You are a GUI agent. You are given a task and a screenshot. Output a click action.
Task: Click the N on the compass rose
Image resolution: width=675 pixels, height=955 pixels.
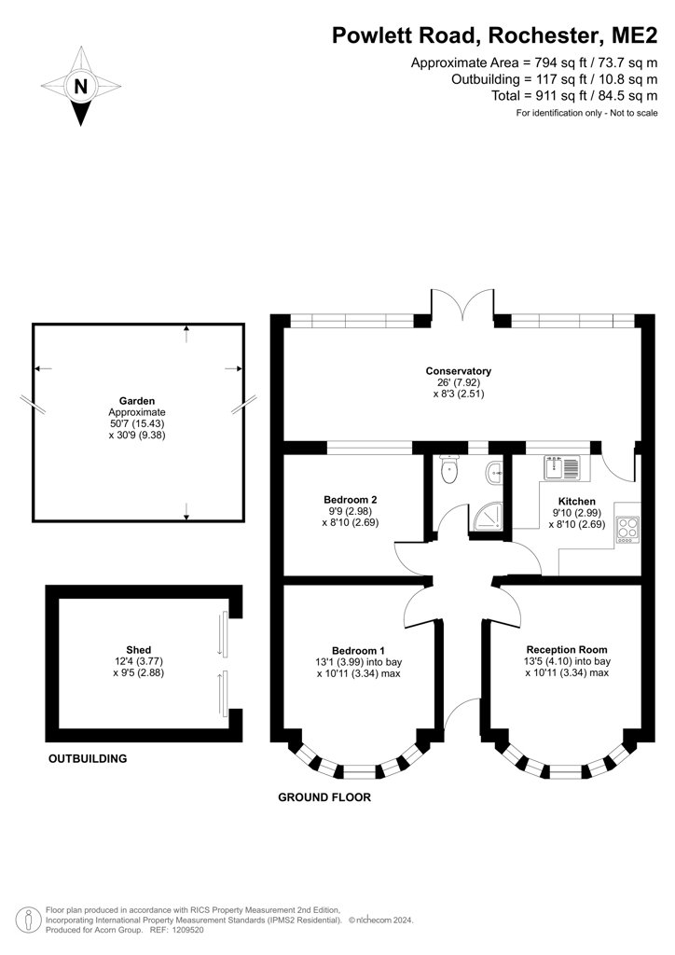pyautogui.click(x=81, y=87)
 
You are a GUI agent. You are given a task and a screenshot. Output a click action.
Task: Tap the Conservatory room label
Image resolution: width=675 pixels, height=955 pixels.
pyautogui.click(x=459, y=371)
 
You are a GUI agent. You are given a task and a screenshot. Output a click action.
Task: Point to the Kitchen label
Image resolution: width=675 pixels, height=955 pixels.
pyautogui.click(x=577, y=501)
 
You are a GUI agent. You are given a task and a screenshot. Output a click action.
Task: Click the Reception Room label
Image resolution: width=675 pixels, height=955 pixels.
pyautogui.click(x=567, y=649)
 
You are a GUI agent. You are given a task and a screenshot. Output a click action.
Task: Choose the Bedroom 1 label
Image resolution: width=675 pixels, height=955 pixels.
pyautogui.click(x=359, y=650)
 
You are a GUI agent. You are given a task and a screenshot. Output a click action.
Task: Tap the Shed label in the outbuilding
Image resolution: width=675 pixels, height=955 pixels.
pyautogui.click(x=139, y=650)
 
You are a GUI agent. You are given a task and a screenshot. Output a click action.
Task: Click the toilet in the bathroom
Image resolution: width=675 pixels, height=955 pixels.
pyautogui.click(x=449, y=470)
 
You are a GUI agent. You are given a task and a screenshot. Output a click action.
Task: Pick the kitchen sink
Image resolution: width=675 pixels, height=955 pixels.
pyautogui.click(x=564, y=468)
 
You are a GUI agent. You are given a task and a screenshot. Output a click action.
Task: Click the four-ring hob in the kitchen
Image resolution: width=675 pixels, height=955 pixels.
pyautogui.click(x=627, y=530)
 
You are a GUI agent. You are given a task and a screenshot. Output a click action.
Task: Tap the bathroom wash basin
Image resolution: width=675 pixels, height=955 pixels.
pyautogui.click(x=495, y=471)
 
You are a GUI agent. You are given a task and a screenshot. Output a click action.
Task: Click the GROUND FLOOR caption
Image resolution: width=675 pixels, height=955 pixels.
pyautogui.click(x=324, y=797)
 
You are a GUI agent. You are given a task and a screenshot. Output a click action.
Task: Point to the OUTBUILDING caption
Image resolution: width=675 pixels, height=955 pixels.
pyautogui.click(x=88, y=759)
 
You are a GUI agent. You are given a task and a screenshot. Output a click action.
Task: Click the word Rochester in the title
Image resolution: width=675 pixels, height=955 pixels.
pyautogui.click(x=544, y=36)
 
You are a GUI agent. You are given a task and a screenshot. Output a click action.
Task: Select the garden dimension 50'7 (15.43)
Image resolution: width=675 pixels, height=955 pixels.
pyautogui.click(x=138, y=423)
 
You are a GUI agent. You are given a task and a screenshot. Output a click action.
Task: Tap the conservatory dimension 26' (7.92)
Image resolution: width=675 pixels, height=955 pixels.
pyautogui.click(x=459, y=382)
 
